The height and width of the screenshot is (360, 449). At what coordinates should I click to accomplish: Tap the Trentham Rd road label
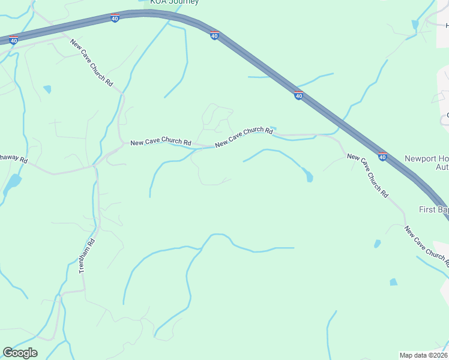(87, 257)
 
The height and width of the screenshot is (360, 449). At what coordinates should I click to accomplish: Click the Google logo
(20, 353)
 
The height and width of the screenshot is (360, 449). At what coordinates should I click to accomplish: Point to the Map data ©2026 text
(423, 355)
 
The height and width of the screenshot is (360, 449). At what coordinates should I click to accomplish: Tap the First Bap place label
(433, 209)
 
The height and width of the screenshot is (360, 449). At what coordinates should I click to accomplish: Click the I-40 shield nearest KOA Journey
(115, 19)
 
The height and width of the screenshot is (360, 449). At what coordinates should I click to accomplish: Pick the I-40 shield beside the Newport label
(382, 157)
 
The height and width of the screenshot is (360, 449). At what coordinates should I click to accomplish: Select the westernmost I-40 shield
(13, 40)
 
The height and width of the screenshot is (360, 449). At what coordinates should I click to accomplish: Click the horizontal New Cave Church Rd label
(160, 142)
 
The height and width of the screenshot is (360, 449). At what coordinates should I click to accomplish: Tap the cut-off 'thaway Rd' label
(13, 160)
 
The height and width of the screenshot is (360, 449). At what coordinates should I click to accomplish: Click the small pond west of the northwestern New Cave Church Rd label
(47, 89)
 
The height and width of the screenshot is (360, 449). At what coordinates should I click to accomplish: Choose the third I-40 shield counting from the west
(214, 36)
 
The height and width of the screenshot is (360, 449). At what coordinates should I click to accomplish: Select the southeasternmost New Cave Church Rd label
(427, 246)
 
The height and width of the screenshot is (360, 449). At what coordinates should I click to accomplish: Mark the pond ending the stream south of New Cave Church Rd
(309, 177)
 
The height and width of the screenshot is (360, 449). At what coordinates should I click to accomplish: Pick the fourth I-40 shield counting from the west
(298, 95)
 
